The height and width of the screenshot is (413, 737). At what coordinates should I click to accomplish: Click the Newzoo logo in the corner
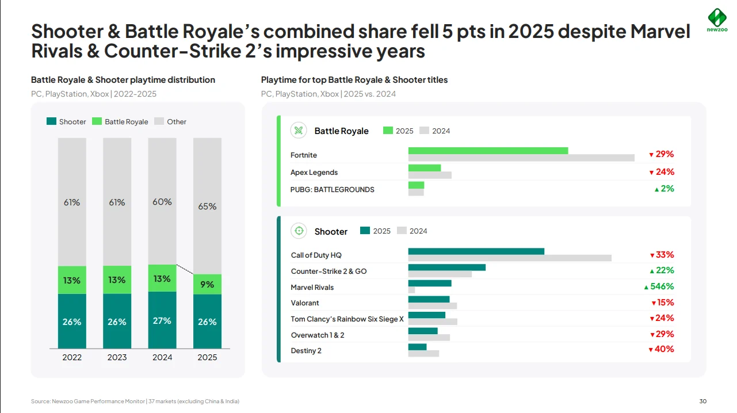[x=716, y=21]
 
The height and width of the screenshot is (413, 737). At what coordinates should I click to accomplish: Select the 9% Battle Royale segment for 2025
[x=207, y=284]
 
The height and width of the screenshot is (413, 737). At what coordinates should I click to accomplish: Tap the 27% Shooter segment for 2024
[x=162, y=320]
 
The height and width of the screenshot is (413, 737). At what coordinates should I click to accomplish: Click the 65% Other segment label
[x=207, y=206]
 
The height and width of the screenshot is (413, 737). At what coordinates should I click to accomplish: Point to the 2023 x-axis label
[x=117, y=357]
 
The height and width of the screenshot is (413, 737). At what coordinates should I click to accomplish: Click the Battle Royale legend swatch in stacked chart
[x=97, y=121]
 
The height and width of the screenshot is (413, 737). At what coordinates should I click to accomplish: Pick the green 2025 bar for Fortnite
[x=488, y=151]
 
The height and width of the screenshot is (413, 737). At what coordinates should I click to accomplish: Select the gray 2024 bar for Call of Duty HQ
[x=510, y=258]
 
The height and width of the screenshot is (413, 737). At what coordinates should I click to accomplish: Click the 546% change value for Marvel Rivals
[x=662, y=286]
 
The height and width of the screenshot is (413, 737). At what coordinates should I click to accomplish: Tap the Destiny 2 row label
[x=306, y=351]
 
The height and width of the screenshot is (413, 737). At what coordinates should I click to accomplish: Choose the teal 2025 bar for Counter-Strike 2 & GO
[x=446, y=267]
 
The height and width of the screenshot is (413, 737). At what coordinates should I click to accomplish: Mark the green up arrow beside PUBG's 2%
[x=656, y=189]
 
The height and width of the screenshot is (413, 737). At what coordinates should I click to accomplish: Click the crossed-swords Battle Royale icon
[x=299, y=131]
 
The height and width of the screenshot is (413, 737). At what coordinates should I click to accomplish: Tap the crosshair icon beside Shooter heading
[x=299, y=231]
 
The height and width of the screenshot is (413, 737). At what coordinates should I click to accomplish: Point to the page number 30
[x=702, y=401]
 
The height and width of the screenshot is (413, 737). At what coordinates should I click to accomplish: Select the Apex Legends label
[x=314, y=173]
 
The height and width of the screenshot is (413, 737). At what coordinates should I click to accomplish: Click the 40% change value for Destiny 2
[x=664, y=349]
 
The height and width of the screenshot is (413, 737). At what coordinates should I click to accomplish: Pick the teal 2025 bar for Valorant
[x=429, y=299]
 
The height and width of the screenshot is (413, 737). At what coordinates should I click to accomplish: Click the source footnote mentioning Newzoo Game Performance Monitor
[x=135, y=401]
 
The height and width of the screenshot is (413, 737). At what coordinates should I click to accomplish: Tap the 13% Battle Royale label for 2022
[x=72, y=280]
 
